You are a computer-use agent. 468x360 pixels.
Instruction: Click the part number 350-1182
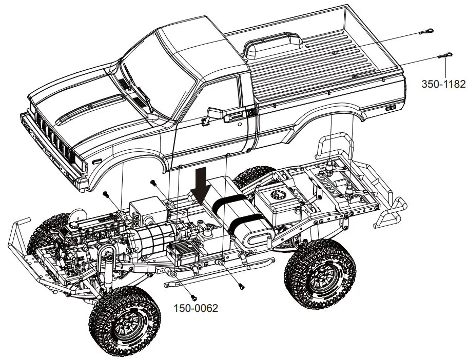[443, 83]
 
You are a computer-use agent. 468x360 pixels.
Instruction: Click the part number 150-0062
[195, 308]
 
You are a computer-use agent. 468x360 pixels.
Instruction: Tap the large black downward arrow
[201, 185]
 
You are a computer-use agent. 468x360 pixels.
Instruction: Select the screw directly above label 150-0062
[193, 296]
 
